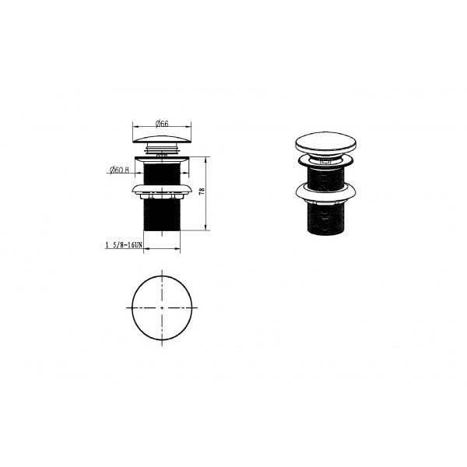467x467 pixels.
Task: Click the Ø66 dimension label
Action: pos(162,124)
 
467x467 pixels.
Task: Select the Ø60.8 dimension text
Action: pos(119,170)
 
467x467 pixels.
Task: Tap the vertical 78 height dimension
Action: pos(202,191)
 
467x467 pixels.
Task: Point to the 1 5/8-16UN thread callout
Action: pos(124,245)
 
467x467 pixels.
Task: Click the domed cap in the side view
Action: pos(162,139)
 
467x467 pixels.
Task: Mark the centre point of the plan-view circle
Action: pos(162,307)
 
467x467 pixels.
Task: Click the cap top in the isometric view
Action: pos(326,142)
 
